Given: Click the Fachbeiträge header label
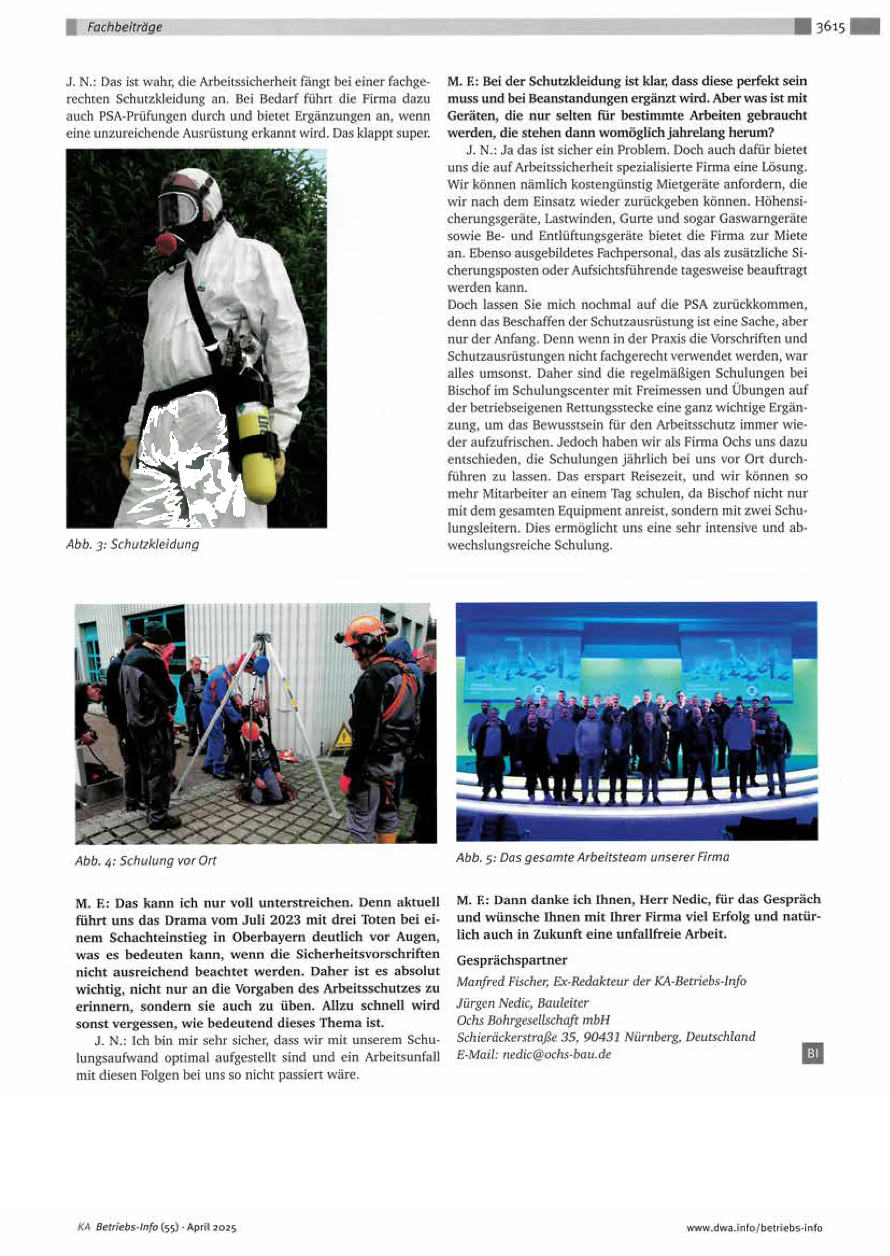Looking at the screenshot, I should coord(125,27).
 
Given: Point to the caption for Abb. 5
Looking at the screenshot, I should coord(592,857).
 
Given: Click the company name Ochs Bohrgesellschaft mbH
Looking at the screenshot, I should coord(533,1020).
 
